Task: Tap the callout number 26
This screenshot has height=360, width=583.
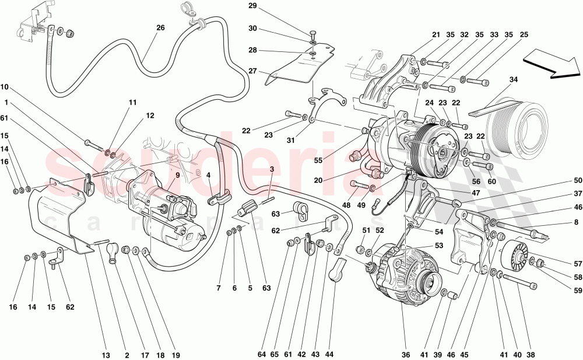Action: [160, 27]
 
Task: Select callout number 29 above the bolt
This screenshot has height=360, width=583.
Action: [252, 6]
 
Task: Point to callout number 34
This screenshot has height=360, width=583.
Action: [513, 79]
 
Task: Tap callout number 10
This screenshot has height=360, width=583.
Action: [5, 88]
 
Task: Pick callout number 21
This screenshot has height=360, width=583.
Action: [436, 34]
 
